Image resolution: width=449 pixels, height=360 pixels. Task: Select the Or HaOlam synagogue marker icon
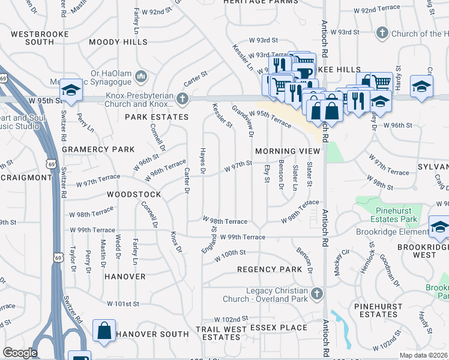tap(141, 76)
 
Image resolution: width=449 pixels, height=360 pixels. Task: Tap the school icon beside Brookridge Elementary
tap(439, 229)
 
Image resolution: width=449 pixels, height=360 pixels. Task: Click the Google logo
tap(20, 353)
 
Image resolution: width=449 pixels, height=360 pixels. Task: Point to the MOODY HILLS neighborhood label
tap(118, 43)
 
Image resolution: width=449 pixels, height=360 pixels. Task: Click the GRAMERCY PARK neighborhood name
tap(89, 149)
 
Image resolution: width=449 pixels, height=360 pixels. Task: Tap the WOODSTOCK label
tap(134, 195)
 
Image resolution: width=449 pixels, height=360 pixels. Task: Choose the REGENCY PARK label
tap(270, 270)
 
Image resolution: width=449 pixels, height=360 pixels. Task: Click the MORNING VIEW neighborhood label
tap(283, 151)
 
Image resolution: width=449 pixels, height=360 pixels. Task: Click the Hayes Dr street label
tap(203, 163)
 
